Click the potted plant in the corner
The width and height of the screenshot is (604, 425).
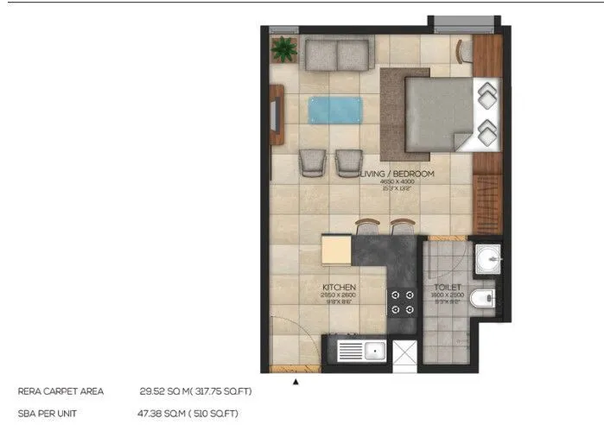click(283, 50)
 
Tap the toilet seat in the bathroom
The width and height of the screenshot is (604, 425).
click(486, 299)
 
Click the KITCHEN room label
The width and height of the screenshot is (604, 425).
click(340, 287)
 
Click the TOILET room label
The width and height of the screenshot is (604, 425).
click(448, 287)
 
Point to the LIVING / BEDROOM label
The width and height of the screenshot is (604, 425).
click(397, 174)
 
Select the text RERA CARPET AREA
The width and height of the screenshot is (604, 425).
click(60, 391)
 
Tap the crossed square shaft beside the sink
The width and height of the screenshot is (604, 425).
click(404, 352)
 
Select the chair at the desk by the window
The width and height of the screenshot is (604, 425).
click(466, 51)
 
